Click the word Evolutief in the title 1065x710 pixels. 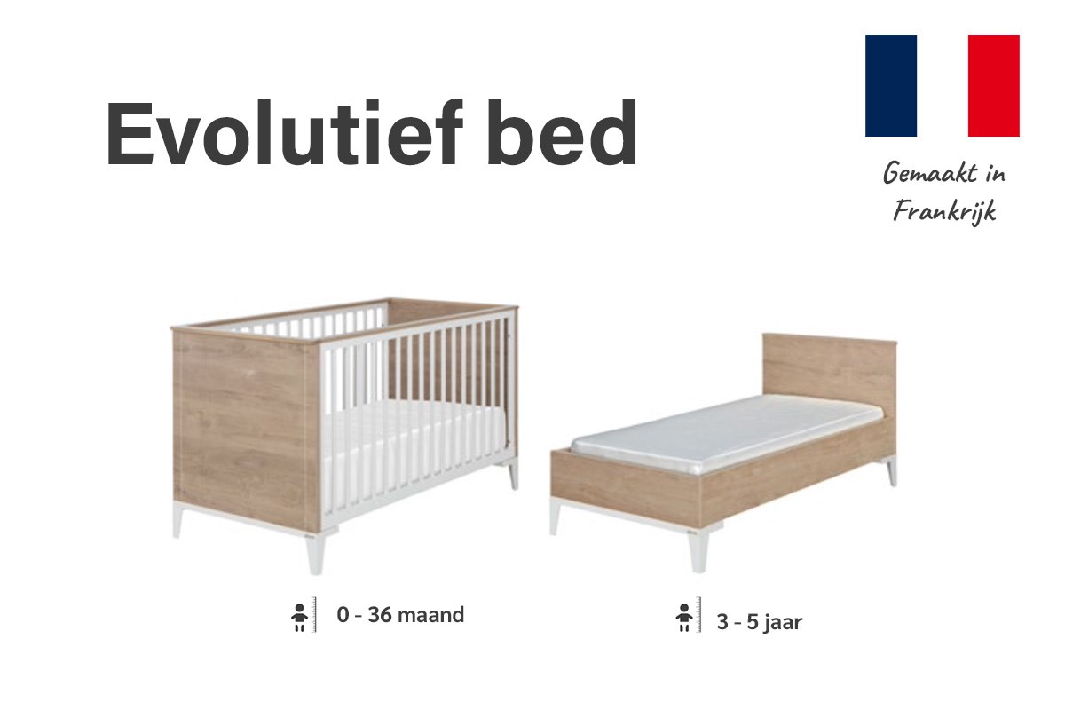(x=284, y=132)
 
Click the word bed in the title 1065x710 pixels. (x=561, y=132)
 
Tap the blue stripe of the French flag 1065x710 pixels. (x=890, y=85)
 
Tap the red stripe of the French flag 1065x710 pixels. (x=994, y=85)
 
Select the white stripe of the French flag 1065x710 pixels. (x=943, y=85)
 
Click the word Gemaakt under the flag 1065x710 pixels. (x=930, y=173)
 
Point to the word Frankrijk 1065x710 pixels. (x=944, y=211)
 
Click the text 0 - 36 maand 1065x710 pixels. (x=400, y=615)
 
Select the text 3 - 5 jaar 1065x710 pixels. (x=760, y=622)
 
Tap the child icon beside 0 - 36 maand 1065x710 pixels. (x=300, y=618)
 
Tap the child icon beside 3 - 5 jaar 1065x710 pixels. (x=684, y=618)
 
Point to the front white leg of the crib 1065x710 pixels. (x=315, y=555)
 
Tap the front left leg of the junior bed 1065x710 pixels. (x=555, y=517)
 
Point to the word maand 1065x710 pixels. (x=430, y=615)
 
